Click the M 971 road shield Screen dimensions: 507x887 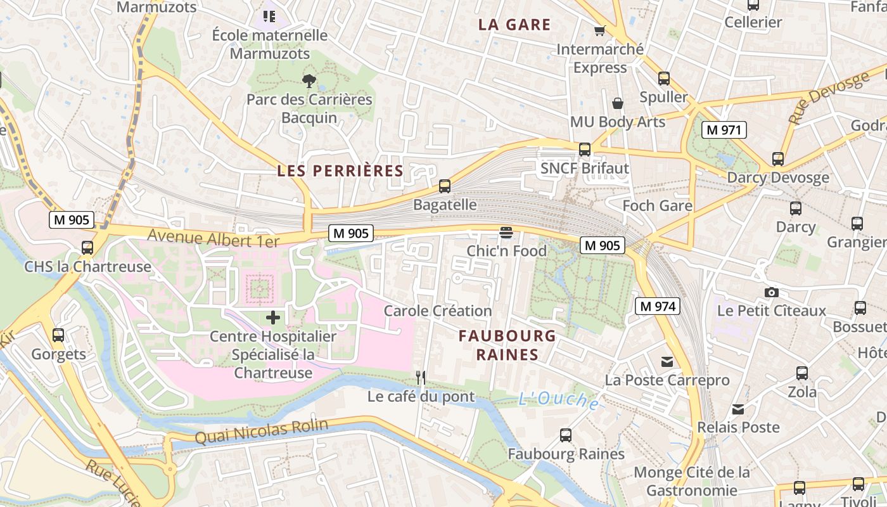(724, 130)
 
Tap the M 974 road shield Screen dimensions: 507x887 (658, 307)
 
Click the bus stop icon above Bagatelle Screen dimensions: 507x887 (445, 186)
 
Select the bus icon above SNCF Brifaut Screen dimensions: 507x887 (584, 150)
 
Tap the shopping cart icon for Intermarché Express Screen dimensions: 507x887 (599, 30)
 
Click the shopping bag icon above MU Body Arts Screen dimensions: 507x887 (618, 103)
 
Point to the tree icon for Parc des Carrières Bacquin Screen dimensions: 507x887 (309, 80)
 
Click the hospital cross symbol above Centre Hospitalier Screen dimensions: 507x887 (272, 317)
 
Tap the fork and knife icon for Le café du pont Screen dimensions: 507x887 (421, 378)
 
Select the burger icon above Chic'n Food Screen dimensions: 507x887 (506, 233)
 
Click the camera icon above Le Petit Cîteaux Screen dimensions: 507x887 (771, 292)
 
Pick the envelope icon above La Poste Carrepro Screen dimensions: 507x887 (667, 362)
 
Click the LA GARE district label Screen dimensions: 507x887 (514, 25)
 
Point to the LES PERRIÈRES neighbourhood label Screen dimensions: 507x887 (340, 170)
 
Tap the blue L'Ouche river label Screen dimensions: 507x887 (558, 400)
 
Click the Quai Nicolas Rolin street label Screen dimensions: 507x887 (261, 432)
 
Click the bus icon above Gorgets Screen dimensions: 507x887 (58, 335)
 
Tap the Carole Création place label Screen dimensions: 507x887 (438, 311)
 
